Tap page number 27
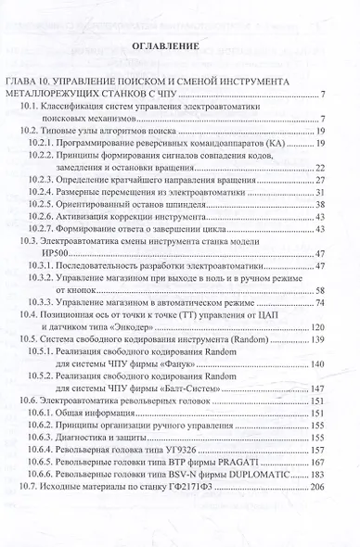click(318, 179)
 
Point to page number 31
click(318, 191)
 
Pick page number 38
click(318, 203)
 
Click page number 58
click(318, 290)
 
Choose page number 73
click(318, 302)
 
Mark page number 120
click(316, 327)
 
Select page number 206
click(316, 486)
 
